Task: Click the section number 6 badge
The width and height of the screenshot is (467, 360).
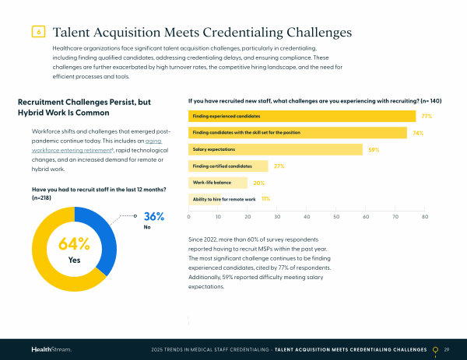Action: (39, 32)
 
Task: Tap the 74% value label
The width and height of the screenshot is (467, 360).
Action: (418, 133)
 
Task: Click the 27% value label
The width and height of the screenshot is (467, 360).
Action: (279, 166)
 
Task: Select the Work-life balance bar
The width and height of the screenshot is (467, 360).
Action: (219, 183)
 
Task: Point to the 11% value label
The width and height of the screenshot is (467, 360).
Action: (265, 199)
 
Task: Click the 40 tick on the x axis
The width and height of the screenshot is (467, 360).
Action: (307, 217)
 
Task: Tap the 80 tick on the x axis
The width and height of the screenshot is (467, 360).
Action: (425, 217)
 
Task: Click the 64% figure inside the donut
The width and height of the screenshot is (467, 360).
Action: (74, 244)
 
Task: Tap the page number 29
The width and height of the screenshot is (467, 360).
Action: (447, 349)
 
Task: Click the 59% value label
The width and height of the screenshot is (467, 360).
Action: (374, 149)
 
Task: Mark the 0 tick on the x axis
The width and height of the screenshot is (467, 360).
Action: (189, 217)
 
